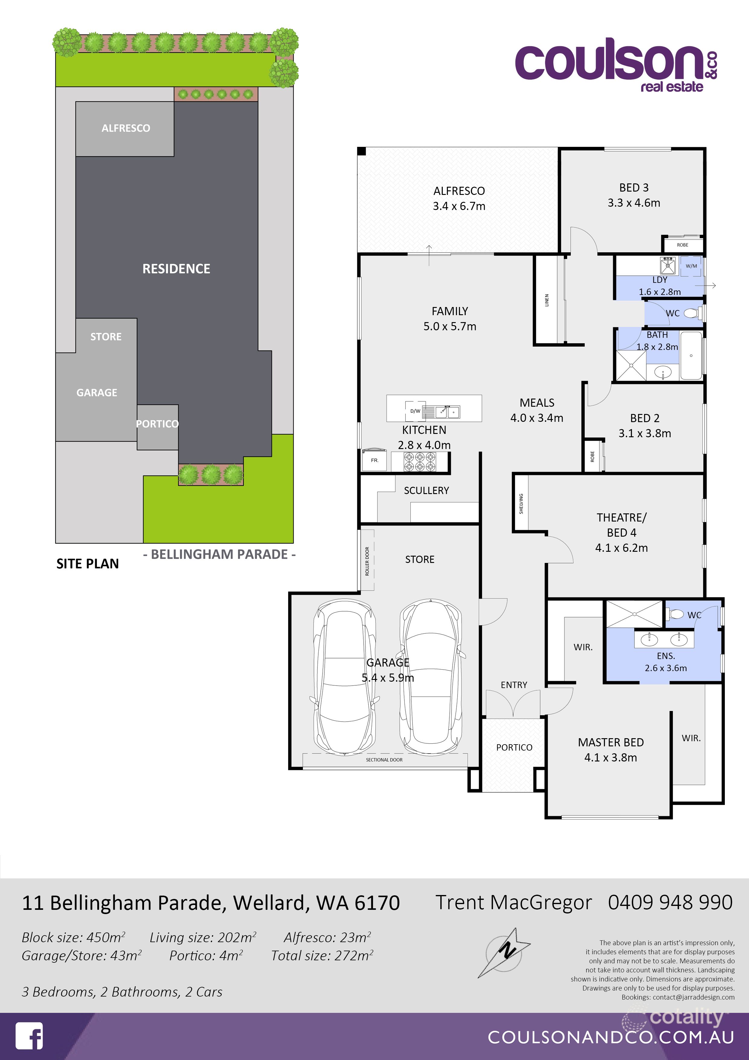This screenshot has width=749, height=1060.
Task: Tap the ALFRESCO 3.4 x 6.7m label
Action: point(459,199)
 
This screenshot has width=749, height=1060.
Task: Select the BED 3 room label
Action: point(634,188)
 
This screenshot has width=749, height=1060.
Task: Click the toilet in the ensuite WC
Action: point(677,614)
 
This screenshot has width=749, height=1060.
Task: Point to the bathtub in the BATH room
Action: point(691,355)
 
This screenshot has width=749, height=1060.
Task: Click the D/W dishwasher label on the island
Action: point(415,411)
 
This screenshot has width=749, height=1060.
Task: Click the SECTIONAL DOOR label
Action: point(384,759)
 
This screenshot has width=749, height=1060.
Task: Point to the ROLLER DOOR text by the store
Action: point(367,561)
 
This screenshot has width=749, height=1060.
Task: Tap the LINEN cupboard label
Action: point(547,300)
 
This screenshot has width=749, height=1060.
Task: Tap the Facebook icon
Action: point(29,1036)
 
